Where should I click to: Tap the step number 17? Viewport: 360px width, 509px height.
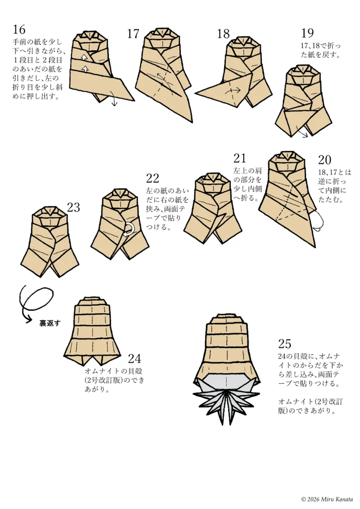pos(133,34)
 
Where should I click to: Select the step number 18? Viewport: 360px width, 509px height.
pos(223,34)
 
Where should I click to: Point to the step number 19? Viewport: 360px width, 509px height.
pos(307,33)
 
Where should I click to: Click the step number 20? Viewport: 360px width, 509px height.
pos(325,160)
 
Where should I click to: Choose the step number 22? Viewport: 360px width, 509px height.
pos(153,178)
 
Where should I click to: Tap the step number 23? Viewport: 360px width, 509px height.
pos(74,208)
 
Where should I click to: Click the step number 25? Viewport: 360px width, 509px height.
pos(285,344)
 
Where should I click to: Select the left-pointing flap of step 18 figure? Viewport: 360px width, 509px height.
pos(214,92)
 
